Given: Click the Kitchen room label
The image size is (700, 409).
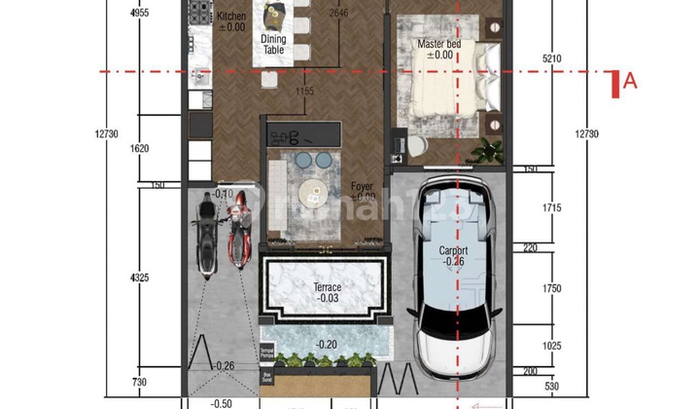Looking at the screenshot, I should [x=231, y=17].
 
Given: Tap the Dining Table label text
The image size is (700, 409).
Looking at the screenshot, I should [x=273, y=45].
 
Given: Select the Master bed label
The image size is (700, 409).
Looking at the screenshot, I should [x=439, y=45].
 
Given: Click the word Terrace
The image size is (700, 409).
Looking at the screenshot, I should [x=328, y=288].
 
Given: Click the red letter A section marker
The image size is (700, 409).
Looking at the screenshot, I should [x=629, y=83].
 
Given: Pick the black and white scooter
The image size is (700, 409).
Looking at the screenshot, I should [x=206, y=234].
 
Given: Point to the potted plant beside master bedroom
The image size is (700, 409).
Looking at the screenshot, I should [x=489, y=150].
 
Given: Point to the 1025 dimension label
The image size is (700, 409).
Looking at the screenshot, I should [x=551, y=347].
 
